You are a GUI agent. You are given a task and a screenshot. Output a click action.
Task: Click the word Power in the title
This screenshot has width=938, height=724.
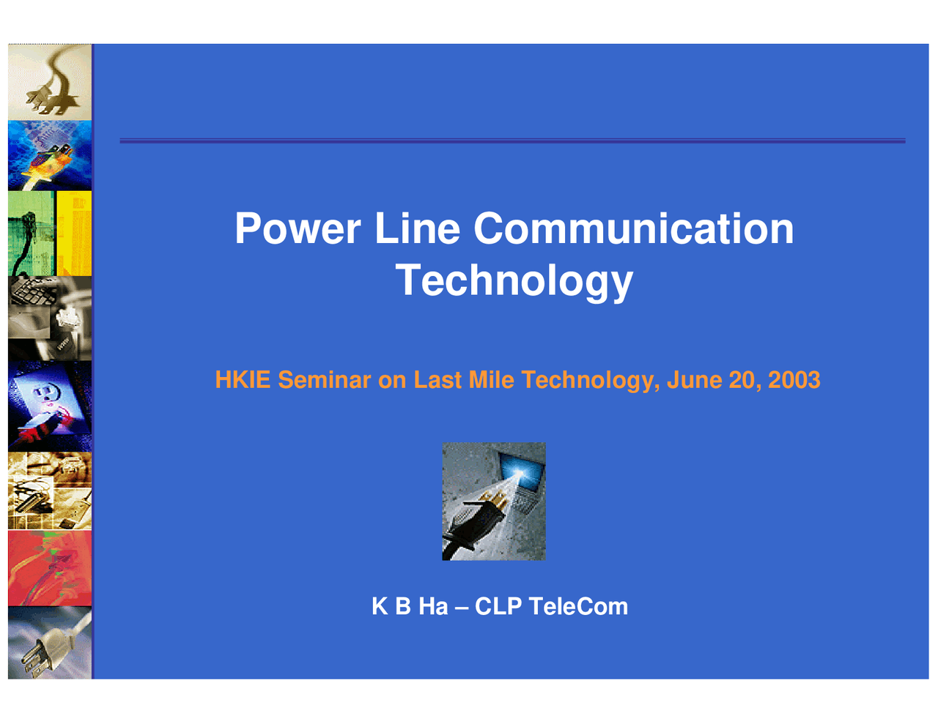click(x=297, y=228)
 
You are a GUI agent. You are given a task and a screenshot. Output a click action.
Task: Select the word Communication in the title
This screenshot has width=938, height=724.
click(x=633, y=228)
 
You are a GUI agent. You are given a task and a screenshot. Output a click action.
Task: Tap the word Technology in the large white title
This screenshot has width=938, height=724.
click(x=514, y=280)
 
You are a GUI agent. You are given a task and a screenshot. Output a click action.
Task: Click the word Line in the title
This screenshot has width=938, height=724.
click(x=417, y=228)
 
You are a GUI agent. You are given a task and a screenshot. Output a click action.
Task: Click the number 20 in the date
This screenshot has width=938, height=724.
click(x=744, y=380)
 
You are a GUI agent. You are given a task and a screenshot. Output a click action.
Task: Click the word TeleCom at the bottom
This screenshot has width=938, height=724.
click(x=578, y=606)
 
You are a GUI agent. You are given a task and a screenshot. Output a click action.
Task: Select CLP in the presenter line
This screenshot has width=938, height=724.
click(x=498, y=606)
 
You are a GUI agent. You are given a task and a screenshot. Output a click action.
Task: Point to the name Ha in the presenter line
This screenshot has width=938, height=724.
click(x=433, y=606)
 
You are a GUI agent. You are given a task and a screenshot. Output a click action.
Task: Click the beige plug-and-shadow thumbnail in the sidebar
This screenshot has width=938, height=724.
click(x=50, y=82)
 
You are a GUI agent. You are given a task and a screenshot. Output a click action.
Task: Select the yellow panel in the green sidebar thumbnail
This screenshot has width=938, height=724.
click(x=74, y=233)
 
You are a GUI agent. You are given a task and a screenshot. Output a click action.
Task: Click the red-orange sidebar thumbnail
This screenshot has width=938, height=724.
click(x=50, y=568)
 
